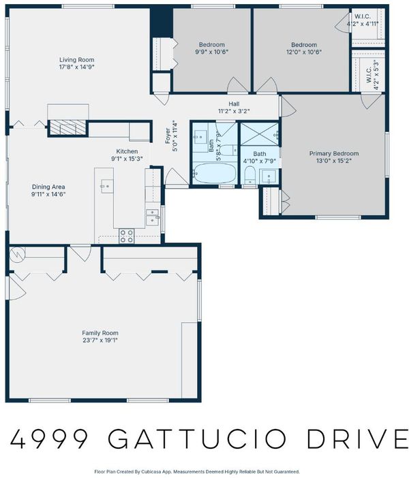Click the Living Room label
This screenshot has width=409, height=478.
coord(76,60)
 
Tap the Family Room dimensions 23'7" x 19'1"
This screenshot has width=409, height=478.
coord(100,340)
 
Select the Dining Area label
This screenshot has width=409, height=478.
coord(48,187)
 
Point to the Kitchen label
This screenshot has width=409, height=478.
coord(127,151)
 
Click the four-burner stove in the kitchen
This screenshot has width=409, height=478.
coord(127,236)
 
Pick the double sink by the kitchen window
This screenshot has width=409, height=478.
coord(152,217)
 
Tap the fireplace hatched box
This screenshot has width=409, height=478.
coord(67,127)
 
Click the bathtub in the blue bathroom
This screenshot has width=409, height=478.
coord(214,173)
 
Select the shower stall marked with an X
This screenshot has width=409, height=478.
coord(259,134)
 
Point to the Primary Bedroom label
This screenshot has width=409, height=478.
coord(334,153)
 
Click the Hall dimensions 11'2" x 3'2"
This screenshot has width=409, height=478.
coord(234,111)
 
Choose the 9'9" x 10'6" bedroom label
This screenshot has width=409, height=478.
coord(212,48)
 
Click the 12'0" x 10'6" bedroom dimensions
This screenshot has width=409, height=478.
coord(304,52)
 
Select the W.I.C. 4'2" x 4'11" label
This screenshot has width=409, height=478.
coord(363,20)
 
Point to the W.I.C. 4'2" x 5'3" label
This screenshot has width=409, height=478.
coord(372,75)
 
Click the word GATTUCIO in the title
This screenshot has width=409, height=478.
coord(197,439)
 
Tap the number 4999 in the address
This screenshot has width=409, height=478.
coord(49,439)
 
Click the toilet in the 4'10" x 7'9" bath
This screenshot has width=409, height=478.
coord(249,175)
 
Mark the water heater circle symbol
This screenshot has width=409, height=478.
coord(18,254)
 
